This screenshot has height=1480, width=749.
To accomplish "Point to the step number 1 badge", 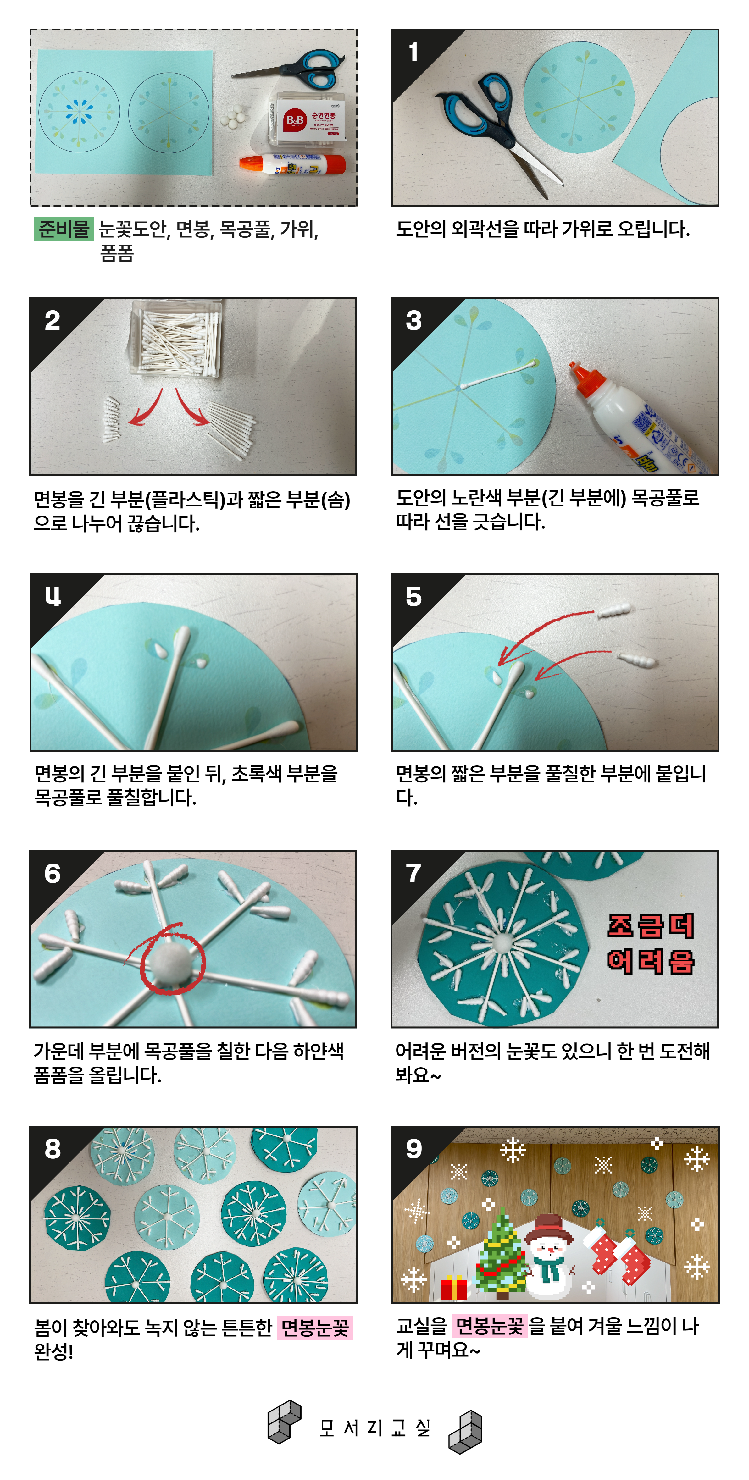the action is pos(413,52).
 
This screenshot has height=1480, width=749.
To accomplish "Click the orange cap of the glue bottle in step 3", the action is pos(586,378).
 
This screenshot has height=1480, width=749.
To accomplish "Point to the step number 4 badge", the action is pos(52,596).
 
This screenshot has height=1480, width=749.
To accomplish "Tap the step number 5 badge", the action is pos(413,596).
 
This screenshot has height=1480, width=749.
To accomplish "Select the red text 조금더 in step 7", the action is pos(651,925).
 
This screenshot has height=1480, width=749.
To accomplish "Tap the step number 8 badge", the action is pos(52,1148).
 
